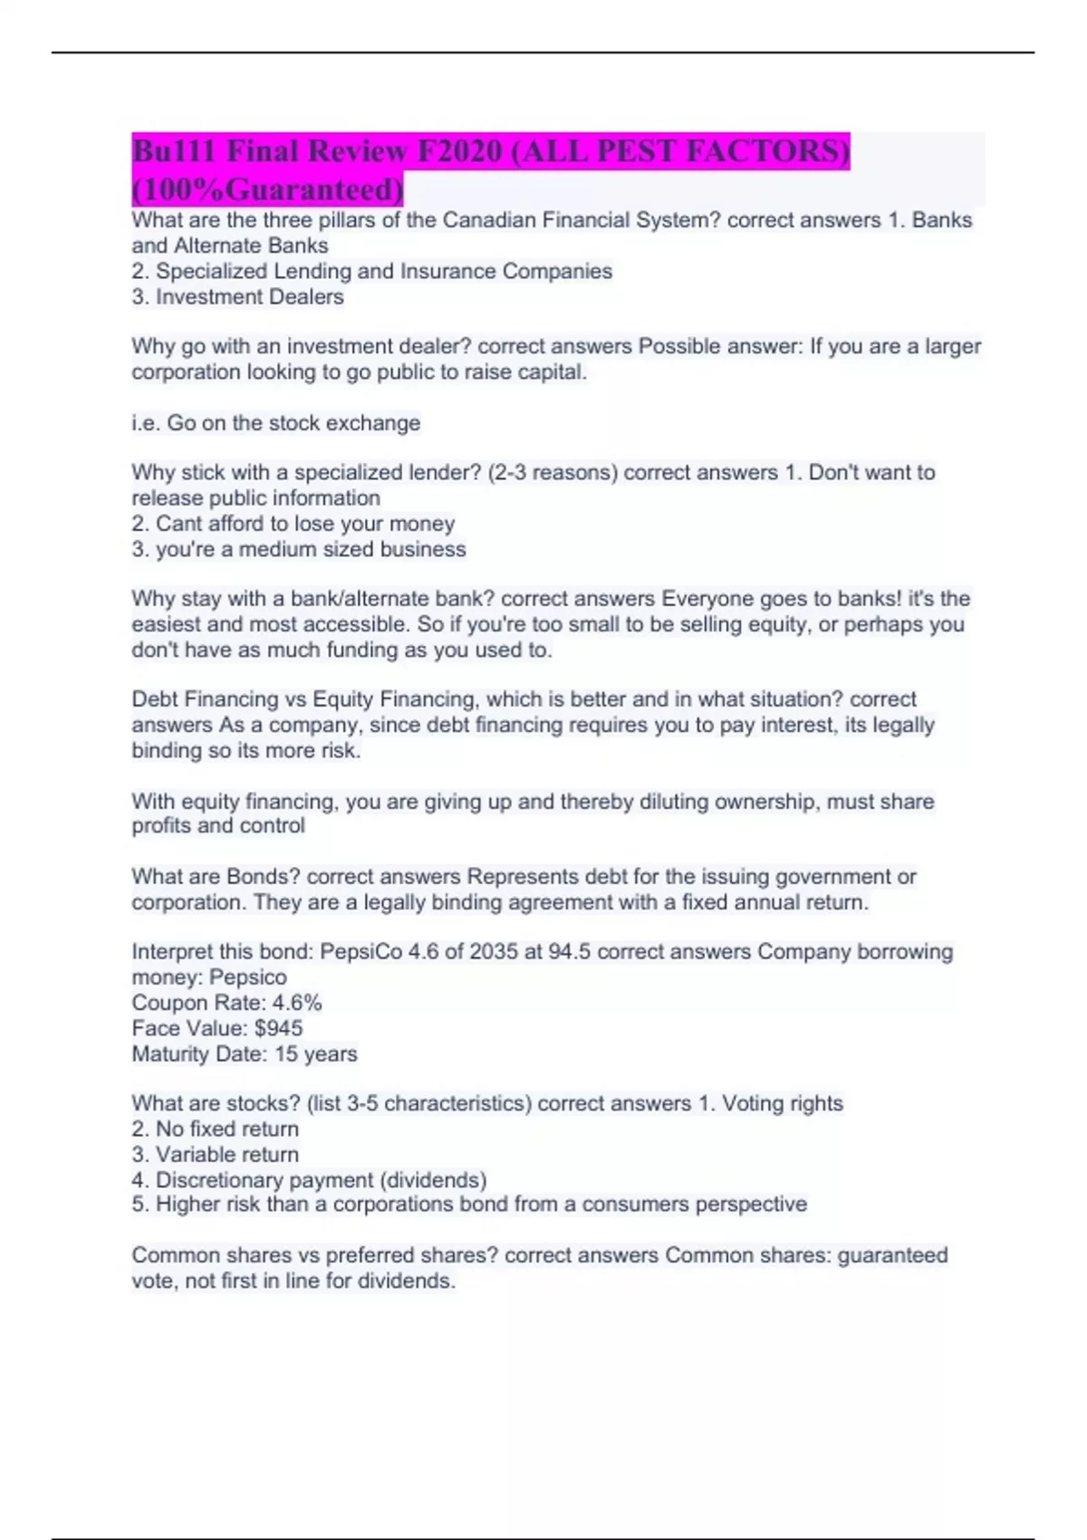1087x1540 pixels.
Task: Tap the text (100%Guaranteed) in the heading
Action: click(267, 190)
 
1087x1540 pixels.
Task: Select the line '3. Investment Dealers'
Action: click(237, 297)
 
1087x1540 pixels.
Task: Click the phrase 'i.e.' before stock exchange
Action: click(146, 423)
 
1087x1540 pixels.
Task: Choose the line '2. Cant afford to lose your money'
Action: click(293, 524)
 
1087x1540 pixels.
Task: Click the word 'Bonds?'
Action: click(264, 877)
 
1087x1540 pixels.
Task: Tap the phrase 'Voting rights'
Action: click(782, 1103)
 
